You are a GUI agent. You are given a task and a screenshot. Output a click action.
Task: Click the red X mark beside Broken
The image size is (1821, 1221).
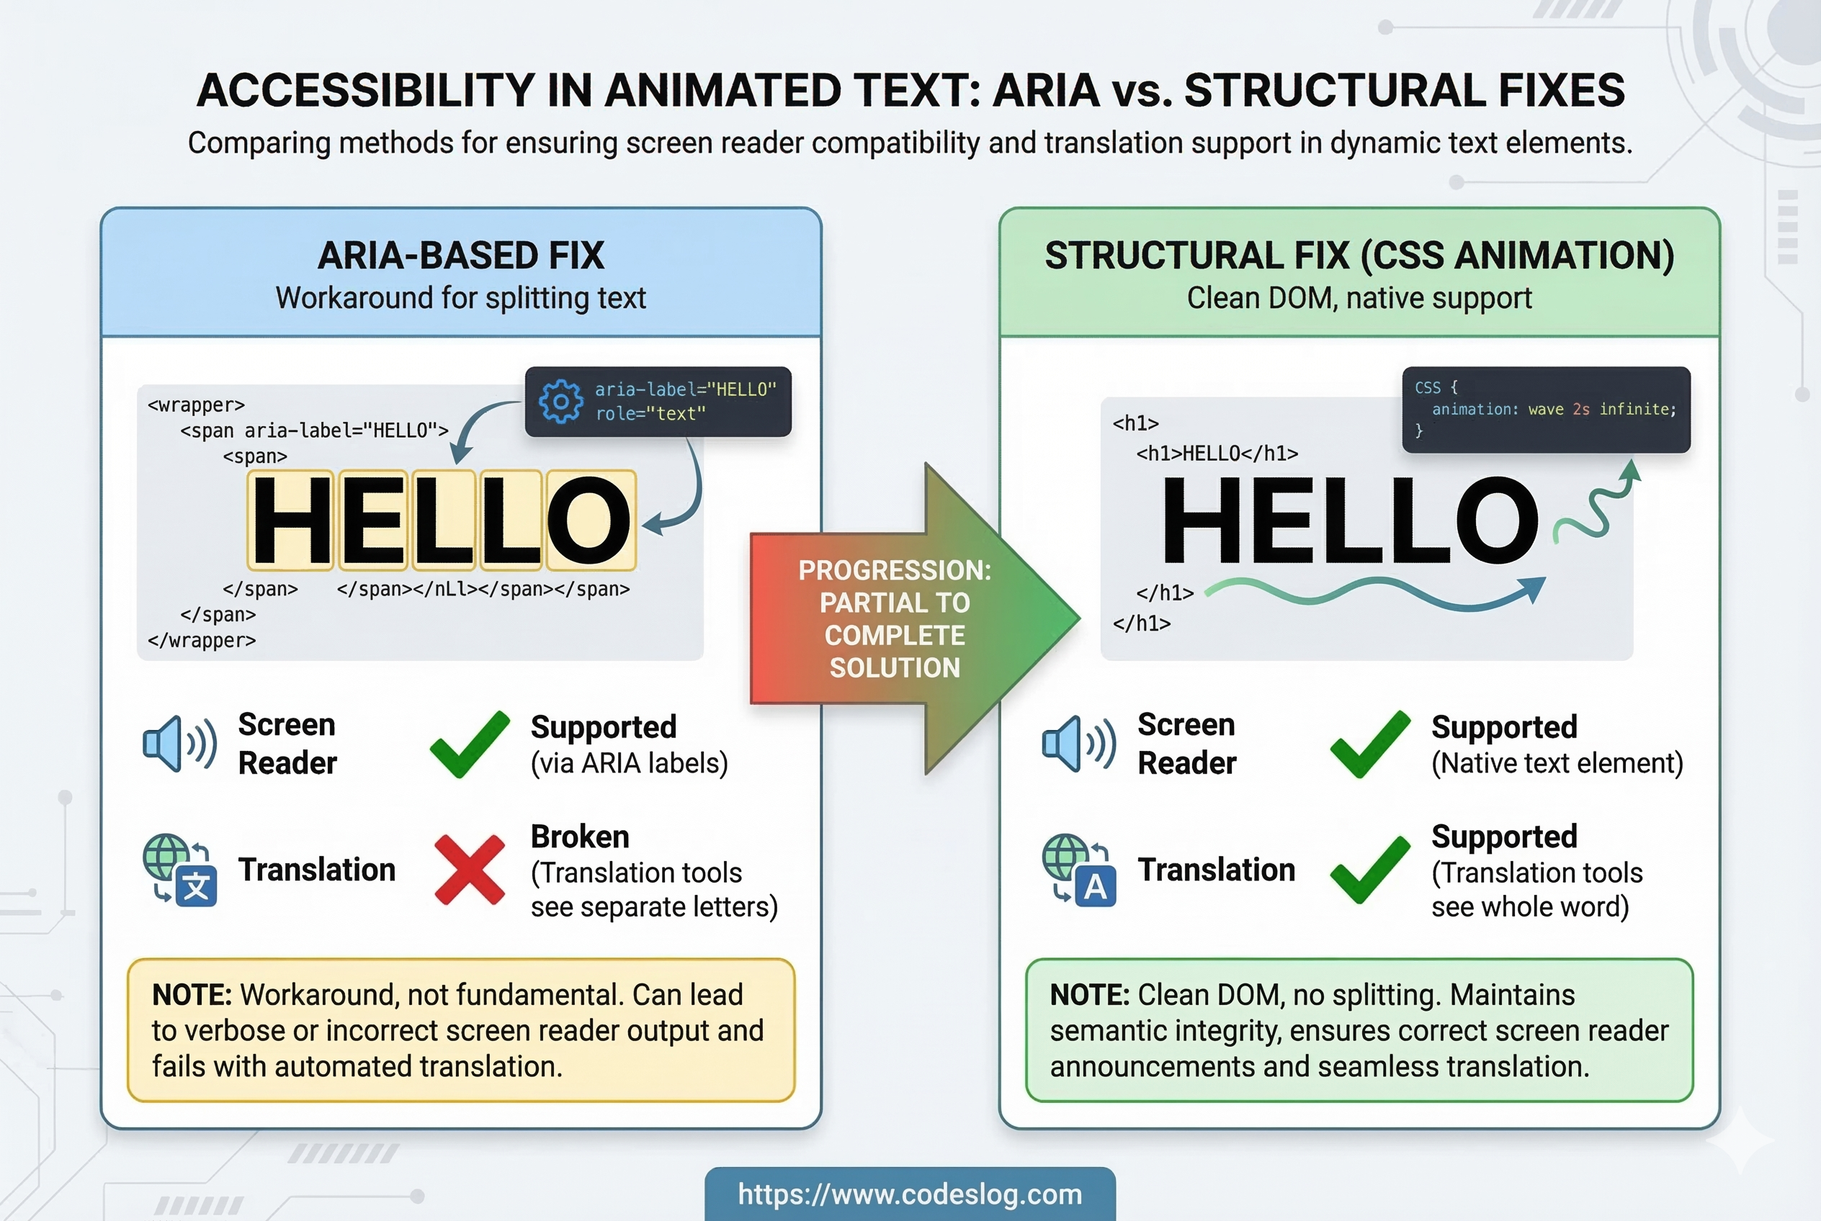(469, 870)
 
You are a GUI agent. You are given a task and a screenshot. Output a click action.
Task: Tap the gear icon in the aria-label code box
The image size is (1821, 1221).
(560, 402)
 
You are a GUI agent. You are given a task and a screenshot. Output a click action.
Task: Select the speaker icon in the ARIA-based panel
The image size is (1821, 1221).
(179, 744)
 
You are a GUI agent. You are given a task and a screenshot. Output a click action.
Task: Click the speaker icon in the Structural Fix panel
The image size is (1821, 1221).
(1078, 744)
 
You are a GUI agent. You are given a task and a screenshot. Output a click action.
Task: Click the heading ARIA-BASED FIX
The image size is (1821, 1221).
(460, 256)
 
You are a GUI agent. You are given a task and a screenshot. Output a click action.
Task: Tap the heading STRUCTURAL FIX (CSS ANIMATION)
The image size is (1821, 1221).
(1359, 256)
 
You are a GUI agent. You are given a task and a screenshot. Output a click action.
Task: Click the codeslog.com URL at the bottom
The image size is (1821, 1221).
(909, 1194)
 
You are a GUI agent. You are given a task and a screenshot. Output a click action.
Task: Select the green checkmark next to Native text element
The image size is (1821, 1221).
(1370, 744)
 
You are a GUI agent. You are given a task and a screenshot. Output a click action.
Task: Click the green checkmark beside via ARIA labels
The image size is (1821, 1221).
(469, 744)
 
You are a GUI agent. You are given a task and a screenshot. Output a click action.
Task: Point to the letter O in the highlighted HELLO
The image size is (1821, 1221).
(590, 519)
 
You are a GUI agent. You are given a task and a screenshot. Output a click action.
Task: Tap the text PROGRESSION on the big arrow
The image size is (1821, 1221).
(894, 570)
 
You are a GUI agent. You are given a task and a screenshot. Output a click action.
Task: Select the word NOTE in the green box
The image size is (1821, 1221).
(1089, 995)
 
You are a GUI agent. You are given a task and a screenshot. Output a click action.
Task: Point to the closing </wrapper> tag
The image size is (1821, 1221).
(202, 640)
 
